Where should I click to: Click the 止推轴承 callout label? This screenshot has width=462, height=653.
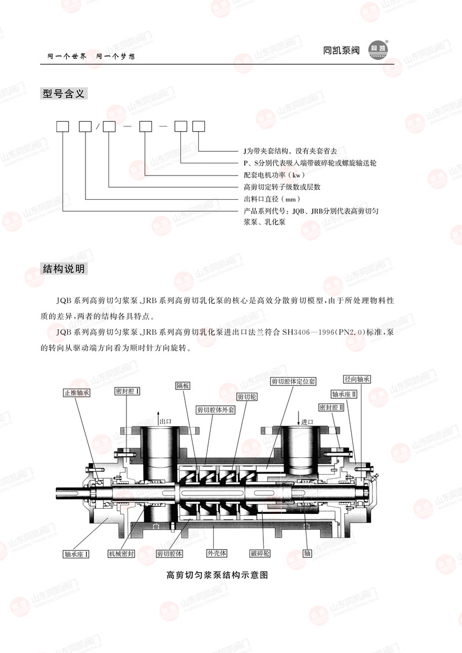(x=77, y=392)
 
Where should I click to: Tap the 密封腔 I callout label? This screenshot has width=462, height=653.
(x=127, y=391)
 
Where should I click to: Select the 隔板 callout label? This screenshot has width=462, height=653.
(x=182, y=386)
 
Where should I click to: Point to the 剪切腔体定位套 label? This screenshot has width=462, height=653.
(x=293, y=381)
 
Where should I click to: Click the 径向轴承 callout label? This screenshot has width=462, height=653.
(x=357, y=379)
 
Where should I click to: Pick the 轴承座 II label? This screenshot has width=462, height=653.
(x=344, y=394)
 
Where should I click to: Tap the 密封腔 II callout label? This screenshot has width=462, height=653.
(x=331, y=407)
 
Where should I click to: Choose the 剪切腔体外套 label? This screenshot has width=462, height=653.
(x=216, y=410)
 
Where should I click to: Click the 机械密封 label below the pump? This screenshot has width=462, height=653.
(x=121, y=554)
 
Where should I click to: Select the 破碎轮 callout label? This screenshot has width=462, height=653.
(x=260, y=553)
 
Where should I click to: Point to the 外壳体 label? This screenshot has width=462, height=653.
(x=217, y=553)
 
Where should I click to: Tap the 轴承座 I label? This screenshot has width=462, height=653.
(x=76, y=554)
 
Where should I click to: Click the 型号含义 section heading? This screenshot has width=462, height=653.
(x=64, y=94)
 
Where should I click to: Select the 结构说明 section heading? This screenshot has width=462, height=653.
(x=64, y=268)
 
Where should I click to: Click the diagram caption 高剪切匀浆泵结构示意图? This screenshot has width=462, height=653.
(x=217, y=575)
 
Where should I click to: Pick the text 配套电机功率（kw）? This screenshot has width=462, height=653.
(x=274, y=175)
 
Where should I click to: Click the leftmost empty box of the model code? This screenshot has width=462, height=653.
(x=62, y=126)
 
